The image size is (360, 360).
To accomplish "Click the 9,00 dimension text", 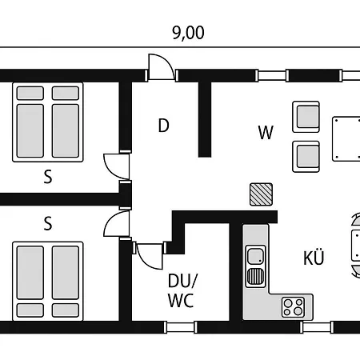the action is point(188,33).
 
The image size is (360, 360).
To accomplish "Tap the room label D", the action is point(163,126).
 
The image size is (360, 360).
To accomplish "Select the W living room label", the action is point(266,132).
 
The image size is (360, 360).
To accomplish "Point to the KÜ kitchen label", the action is point(314,258).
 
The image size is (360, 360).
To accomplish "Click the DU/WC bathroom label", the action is point(182,290).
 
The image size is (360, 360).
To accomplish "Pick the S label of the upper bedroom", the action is point(48,177).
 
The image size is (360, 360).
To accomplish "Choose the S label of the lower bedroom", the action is point(48,224).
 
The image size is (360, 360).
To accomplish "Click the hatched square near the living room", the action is point(261,194).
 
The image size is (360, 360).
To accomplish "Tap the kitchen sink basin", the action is point(255,256).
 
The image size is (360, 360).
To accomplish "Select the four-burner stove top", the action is point(293,307).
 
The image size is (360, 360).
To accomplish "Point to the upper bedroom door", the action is point(117,166).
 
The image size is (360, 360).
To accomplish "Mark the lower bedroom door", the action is point(117,223).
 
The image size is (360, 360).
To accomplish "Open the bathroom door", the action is point(150,256).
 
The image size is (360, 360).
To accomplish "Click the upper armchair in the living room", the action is point(306,117).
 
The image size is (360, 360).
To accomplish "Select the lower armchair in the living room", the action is point(306,157).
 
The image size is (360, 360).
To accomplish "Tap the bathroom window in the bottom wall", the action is point(180,327).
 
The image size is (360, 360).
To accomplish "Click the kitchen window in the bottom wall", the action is point(317,327).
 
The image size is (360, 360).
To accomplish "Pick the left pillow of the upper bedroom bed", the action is point(30,93).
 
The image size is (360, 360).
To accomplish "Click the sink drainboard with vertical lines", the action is point(255,276).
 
